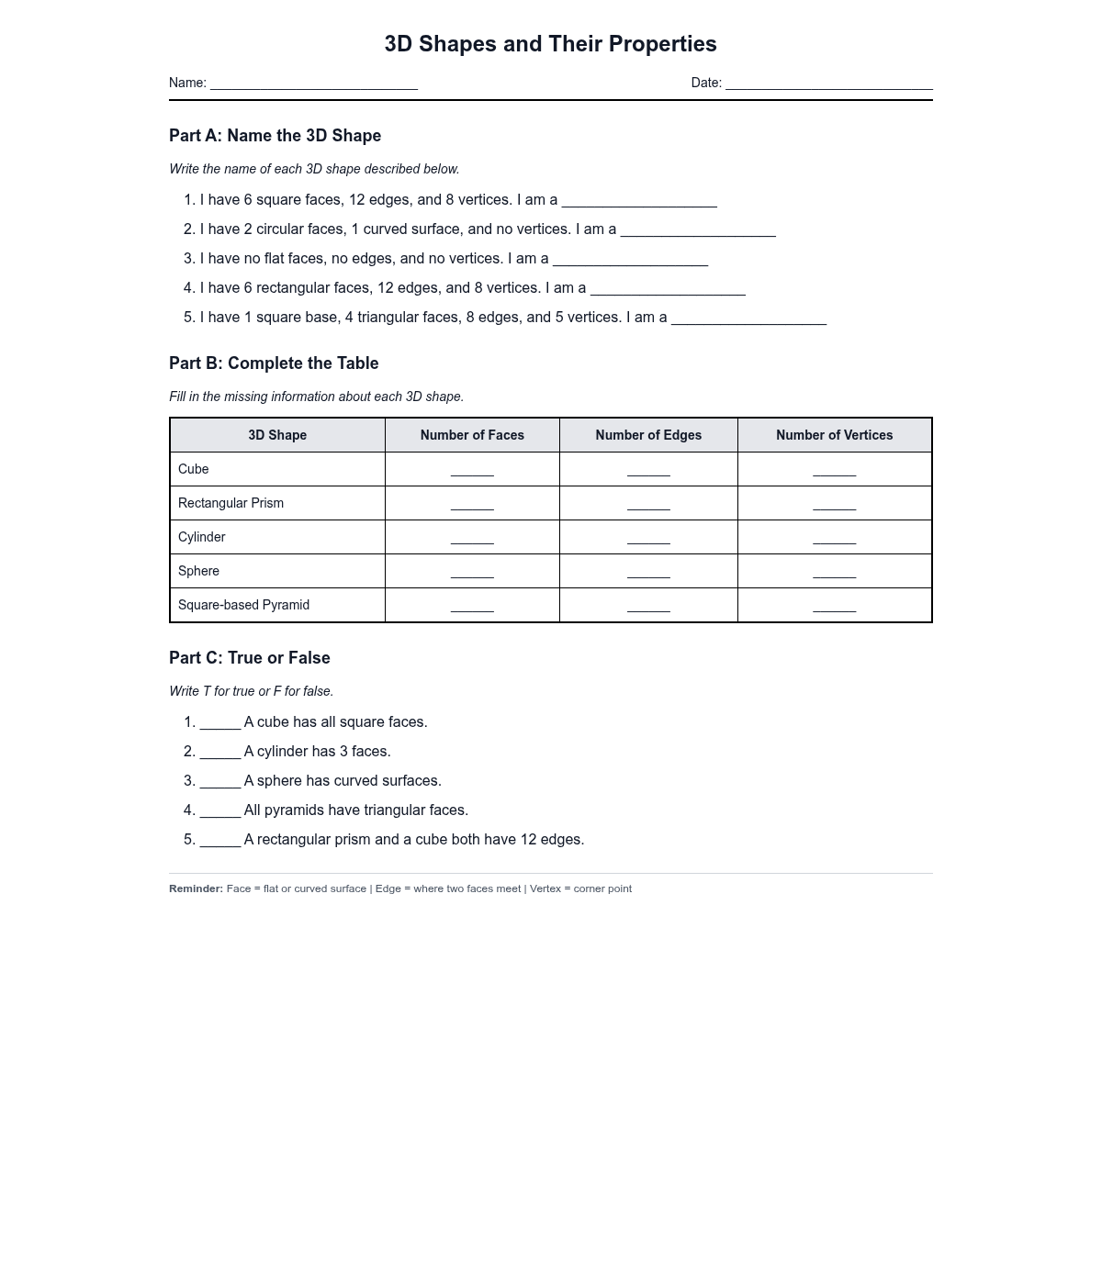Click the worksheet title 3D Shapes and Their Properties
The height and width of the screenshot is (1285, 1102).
coord(550,44)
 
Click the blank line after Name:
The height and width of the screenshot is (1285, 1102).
coord(314,84)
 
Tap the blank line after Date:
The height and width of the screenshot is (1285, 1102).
coord(828,84)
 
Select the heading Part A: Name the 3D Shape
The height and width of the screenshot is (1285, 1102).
coord(275,136)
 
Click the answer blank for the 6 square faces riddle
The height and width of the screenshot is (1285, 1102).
coord(639,202)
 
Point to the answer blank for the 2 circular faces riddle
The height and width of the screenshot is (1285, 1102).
coord(698,231)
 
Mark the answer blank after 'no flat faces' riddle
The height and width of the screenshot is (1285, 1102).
coord(630,261)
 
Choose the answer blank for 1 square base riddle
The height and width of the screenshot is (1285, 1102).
coord(748,319)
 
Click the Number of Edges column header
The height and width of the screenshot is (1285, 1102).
coord(648,435)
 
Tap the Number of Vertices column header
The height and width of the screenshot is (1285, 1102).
coord(834,435)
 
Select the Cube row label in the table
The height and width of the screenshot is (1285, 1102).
coord(194,469)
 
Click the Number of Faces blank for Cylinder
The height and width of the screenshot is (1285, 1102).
coord(472,539)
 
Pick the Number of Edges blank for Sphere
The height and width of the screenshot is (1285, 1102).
coord(648,573)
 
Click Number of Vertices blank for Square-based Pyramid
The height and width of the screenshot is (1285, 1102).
coord(834,607)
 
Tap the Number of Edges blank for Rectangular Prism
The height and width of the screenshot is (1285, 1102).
coord(648,505)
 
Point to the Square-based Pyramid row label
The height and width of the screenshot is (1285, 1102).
coord(243,605)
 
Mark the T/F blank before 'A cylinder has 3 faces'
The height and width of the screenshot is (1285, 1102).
coord(220,754)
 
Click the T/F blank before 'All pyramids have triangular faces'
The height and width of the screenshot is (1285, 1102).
coord(220,812)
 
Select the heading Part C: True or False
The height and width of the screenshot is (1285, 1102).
coord(250,658)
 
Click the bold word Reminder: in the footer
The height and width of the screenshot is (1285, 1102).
coord(196,888)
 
